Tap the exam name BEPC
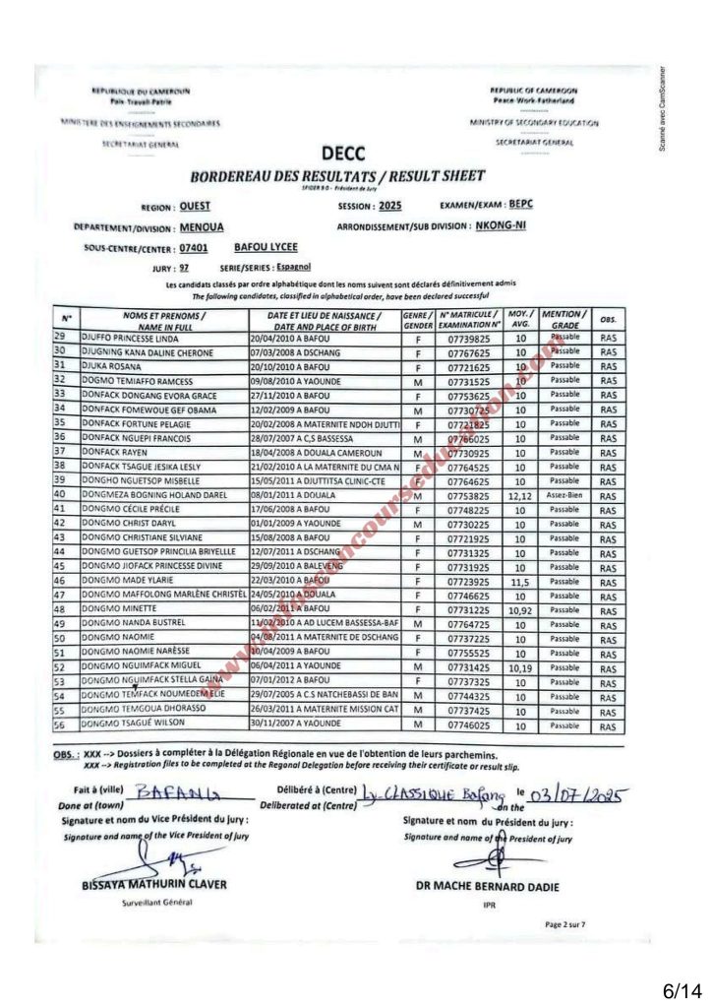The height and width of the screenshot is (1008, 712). pyautogui.click(x=520, y=205)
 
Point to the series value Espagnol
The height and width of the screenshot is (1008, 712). pyautogui.click(x=291, y=267)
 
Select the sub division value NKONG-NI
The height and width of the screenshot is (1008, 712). pyautogui.click(x=528, y=225)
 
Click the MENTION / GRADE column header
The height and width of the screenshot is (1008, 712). pyautogui.click(x=564, y=318)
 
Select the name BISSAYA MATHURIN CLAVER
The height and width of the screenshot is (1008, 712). pyautogui.click(x=154, y=885)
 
